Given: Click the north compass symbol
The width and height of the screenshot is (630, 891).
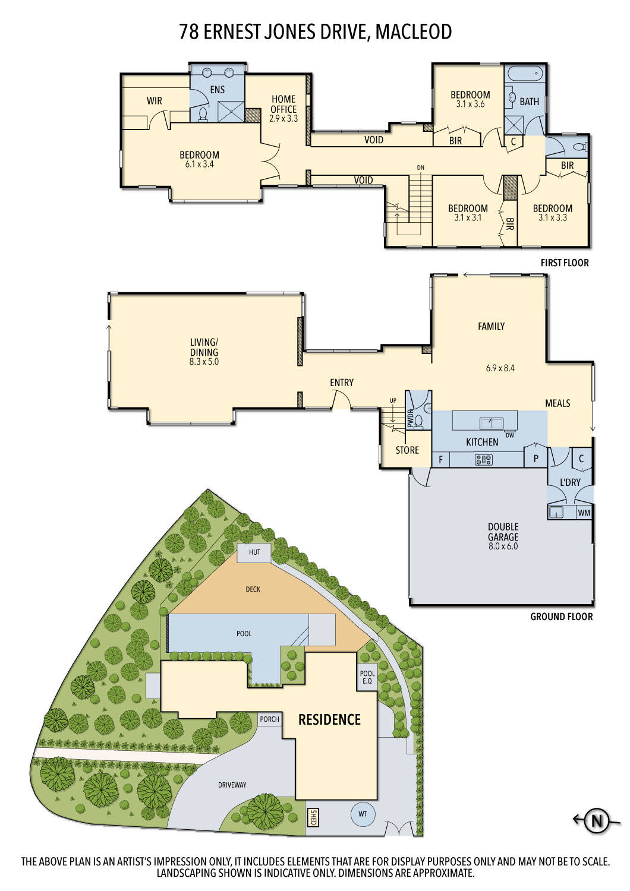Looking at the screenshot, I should [597, 822].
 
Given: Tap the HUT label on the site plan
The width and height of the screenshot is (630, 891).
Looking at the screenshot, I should [254, 552].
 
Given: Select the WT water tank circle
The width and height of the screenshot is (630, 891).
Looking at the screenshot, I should [363, 814].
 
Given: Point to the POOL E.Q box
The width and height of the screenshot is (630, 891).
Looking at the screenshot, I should [367, 677].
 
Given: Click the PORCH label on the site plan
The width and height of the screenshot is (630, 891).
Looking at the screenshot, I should [269, 719].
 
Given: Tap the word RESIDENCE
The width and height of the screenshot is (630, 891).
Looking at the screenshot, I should [329, 720].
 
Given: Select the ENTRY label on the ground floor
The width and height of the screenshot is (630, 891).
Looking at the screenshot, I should [342, 383].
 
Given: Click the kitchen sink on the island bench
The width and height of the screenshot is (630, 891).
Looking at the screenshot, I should [492, 423].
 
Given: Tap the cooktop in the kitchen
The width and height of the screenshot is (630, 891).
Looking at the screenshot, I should [484, 459].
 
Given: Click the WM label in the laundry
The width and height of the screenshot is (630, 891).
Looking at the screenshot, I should [584, 512].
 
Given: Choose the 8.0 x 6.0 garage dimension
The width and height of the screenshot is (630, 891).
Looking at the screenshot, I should [503, 546].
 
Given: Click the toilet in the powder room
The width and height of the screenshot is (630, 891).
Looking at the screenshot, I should [418, 421].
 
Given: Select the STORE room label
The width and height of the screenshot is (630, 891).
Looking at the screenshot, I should [407, 450].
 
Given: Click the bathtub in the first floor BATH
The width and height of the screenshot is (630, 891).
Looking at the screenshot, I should [523, 74].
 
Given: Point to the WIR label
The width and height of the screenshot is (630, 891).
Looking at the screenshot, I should [154, 101].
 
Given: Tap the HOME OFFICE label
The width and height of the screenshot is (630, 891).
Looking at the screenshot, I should [283, 104].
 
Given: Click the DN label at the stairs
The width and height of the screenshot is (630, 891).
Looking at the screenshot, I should [421, 168].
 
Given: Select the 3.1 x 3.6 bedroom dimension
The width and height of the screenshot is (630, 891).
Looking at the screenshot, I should [470, 104].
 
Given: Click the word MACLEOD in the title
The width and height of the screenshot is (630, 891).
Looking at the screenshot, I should [413, 31].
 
